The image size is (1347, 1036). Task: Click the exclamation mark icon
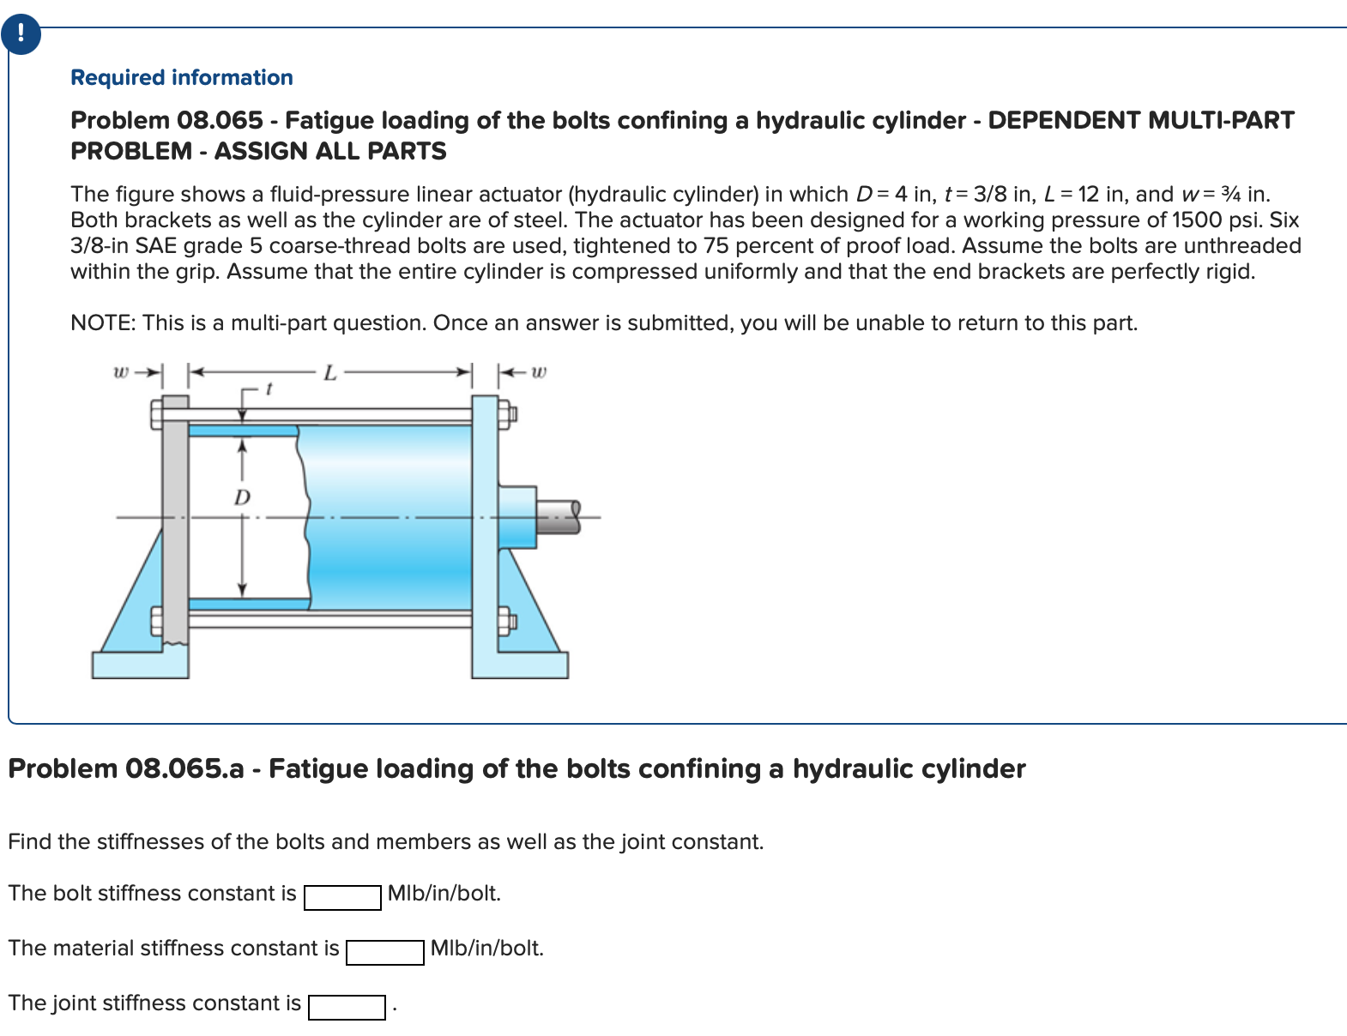pyautogui.click(x=21, y=34)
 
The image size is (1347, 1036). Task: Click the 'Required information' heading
pyautogui.click(x=181, y=77)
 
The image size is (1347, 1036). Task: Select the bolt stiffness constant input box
pyautogui.click(x=342, y=897)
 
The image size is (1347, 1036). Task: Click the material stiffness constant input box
pyautogui.click(x=384, y=952)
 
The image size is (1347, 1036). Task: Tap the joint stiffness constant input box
pyautogui.click(x=347, y=1007)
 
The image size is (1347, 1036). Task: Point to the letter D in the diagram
pyautogui.click(x=243, y=497)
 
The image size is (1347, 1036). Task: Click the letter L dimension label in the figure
pyautogui.click(x=329, y=373)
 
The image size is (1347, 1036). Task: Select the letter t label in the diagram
pyautogui.click(x=269, y=389)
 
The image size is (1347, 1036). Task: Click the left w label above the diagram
pyautogui.click(x=121, y=372)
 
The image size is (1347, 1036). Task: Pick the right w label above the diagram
pyautogui.click(x=538, y=372)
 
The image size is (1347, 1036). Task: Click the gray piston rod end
pyautogui.click(x=559, y=516)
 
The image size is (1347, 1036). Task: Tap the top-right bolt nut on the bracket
pyautogui.click(x=509, y=415)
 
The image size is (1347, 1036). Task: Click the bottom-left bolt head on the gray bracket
pyautogui.click(x=156, y=620)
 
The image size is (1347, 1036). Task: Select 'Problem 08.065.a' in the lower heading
pyautogui.click(x=126, y=768)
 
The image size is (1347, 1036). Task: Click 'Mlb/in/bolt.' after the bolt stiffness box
pyautogui.click(x=444, y=894)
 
